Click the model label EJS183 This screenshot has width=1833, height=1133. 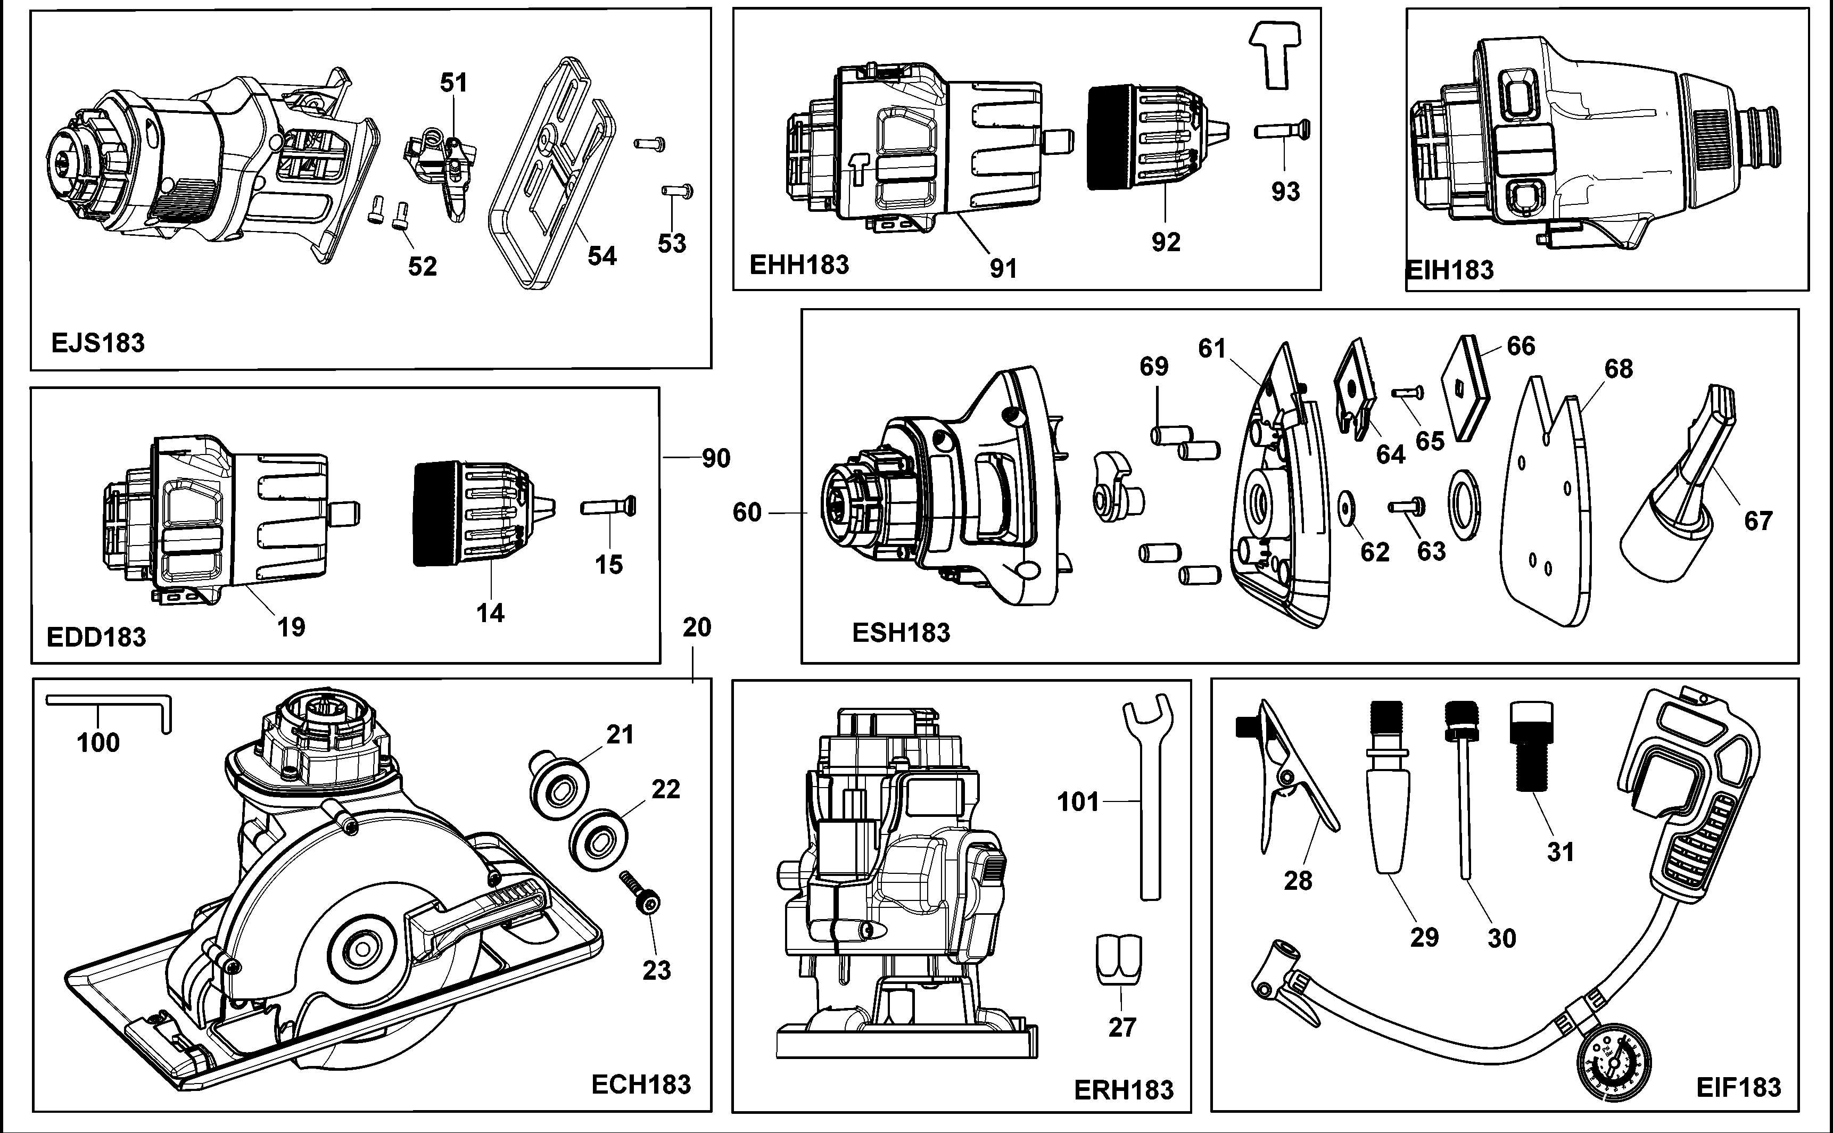[97, 343]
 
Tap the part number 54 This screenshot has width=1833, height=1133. [602, 257]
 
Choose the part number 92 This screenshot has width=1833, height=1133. [1165, 242]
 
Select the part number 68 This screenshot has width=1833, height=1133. [1619, 369]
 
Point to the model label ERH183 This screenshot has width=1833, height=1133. [1124, 1090]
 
